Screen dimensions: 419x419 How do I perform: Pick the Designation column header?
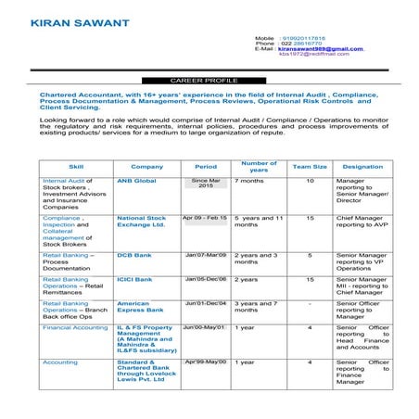pyautogui.click(x=362, y=166)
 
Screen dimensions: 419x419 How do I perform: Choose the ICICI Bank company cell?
pyautogui.click(x=134, y=278)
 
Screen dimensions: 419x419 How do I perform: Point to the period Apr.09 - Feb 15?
pyautogui.click(x=205, y=217)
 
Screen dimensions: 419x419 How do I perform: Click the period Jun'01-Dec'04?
pyautogui.click(x=205, y=302)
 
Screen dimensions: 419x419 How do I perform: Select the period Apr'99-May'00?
pyautogui.click(x=205, y=361)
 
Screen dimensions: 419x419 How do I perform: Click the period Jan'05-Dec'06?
pyautogui.click(x=205, y=278)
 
